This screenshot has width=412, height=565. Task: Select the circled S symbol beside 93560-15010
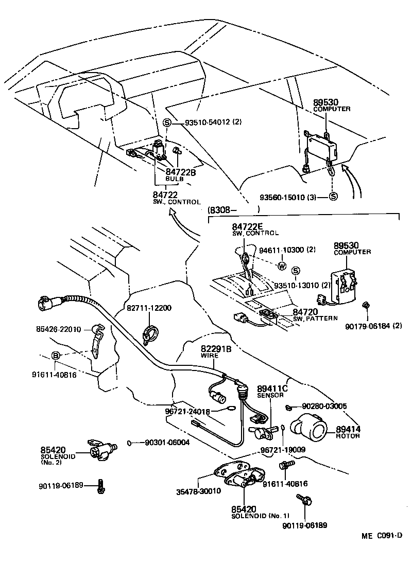click(x=333, y=197)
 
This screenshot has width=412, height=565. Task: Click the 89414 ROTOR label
click(x=348, y=432)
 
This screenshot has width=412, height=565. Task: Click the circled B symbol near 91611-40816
click(x=56, y=355)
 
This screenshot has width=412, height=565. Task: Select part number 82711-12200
click(x=149, y=308)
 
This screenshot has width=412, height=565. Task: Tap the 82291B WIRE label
click(x=216, y=351)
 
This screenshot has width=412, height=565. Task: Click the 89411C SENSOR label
click(x=271, y=392)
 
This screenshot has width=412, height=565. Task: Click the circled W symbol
click(x=281, y=266)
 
